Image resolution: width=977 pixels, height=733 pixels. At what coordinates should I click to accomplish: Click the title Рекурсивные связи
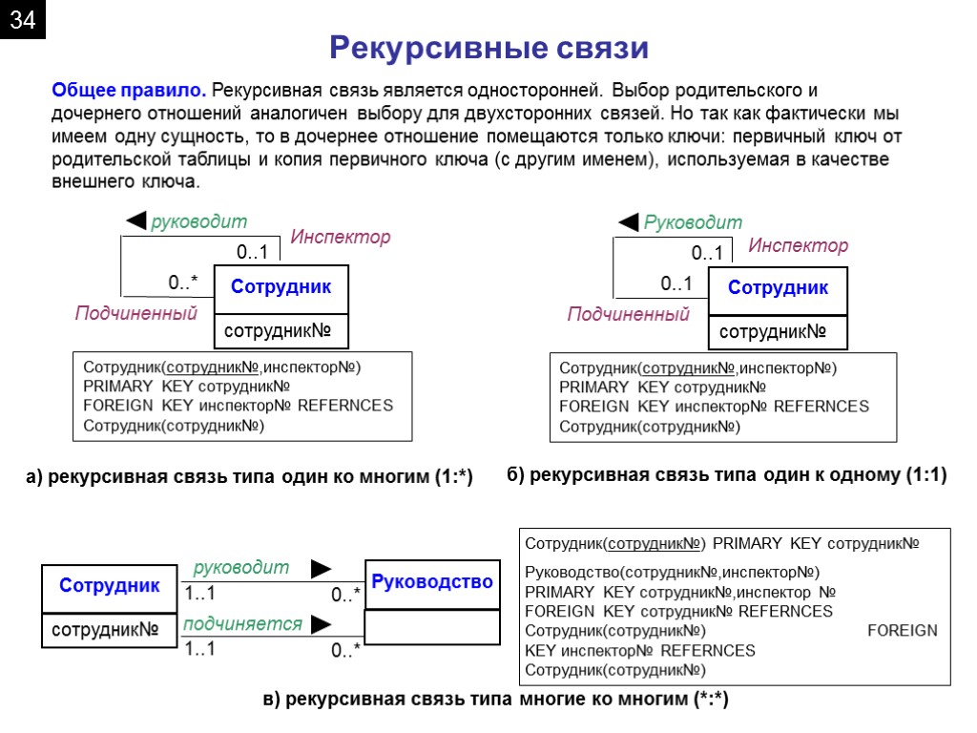488,48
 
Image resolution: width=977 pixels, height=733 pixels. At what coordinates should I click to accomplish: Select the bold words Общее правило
128,92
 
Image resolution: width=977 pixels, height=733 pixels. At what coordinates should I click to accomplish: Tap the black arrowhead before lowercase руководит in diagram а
136,222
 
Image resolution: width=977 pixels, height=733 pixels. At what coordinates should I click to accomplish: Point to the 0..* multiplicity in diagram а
183,283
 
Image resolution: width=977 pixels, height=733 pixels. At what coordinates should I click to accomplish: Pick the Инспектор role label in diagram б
798,246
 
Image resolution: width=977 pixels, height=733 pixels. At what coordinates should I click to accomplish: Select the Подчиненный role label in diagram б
628,314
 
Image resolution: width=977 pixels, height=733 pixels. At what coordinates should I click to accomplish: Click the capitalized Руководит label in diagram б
693,222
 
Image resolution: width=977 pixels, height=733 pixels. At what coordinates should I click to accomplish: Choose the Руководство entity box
432,582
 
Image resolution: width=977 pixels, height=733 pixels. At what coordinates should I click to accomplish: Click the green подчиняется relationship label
242,624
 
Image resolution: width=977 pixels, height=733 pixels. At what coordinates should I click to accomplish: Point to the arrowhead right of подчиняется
322,624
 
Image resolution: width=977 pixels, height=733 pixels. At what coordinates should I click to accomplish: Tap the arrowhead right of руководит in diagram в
322,569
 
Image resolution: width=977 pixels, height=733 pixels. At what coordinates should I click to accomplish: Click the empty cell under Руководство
432,627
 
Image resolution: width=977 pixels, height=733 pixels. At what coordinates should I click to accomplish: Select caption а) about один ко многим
248,476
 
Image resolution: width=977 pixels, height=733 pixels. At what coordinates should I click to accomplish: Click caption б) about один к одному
726,474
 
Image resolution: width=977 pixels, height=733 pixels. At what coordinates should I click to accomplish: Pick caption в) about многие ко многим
495,700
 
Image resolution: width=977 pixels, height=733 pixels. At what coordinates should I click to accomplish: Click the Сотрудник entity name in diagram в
110,585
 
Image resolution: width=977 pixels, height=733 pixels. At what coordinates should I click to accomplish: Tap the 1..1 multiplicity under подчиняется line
200,649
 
